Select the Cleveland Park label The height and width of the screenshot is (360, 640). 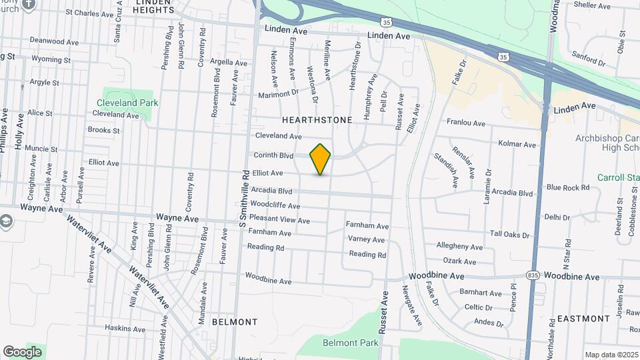point(127,103)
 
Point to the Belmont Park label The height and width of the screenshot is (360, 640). point(350,343)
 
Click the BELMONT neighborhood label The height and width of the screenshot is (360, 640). point(234,322)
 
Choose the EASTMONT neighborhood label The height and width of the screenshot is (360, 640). point(583,319)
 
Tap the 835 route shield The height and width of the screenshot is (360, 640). point(531,275)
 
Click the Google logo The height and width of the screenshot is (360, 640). point(22,351)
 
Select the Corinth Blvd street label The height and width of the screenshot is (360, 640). point(273,155)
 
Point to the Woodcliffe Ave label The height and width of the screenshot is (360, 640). point(275,205)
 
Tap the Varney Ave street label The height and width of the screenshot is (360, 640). point(366,239)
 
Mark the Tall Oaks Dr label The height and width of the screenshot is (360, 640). point(509,235)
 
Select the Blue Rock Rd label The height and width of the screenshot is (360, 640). point(568,187)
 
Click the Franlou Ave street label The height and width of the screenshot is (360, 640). point(466,123)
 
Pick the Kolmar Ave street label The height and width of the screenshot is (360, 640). point(517,144)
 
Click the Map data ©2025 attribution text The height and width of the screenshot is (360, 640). point(611,355)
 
